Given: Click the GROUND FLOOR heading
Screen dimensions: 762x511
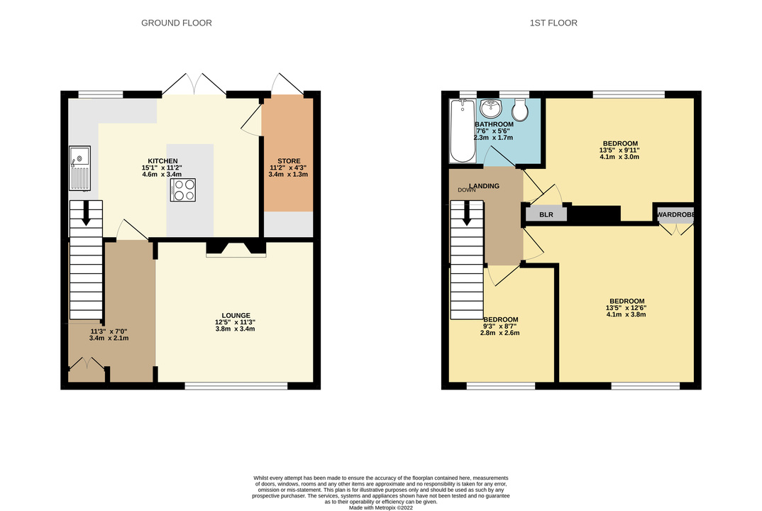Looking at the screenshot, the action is [x=177, y=23].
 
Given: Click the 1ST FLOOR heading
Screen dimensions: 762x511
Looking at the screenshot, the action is [x=553, y=23].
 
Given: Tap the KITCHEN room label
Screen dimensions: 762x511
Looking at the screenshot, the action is [x=162, y=161].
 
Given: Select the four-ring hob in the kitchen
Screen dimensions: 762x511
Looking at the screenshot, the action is [x=183, y=189].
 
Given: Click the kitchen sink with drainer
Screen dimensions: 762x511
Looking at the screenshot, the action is [x=79, y=167].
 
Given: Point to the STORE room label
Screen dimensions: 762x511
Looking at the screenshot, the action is [x=289, y=161].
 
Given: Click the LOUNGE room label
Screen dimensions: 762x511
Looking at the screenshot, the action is [x=236, y=316].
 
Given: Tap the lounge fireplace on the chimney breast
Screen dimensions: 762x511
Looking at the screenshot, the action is [x=236, y=248].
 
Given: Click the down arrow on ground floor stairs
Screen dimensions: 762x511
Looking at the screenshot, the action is [x=86, y=213].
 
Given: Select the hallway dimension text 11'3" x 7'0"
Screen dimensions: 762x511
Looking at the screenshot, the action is [x=109, y=331].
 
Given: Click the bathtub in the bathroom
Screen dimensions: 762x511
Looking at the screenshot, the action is [x=463, y=131].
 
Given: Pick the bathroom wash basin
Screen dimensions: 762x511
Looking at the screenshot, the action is [x=492, y=108].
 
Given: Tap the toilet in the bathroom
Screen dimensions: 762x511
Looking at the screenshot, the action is [x=520, y=110].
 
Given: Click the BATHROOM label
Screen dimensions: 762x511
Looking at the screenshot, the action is [x=495, y=124].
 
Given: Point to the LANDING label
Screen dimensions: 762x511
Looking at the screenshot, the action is [x=484, y=186].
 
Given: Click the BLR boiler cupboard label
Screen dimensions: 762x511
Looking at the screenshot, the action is [x=546, y=214].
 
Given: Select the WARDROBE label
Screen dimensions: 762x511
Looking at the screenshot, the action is [x=675, y=214].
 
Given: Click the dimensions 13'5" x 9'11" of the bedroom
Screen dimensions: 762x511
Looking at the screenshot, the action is [x=619, y=150].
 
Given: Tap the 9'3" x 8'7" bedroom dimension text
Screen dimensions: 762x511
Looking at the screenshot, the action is [x=500, y=326].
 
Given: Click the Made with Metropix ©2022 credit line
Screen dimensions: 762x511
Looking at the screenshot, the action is [x=381, y=507].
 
